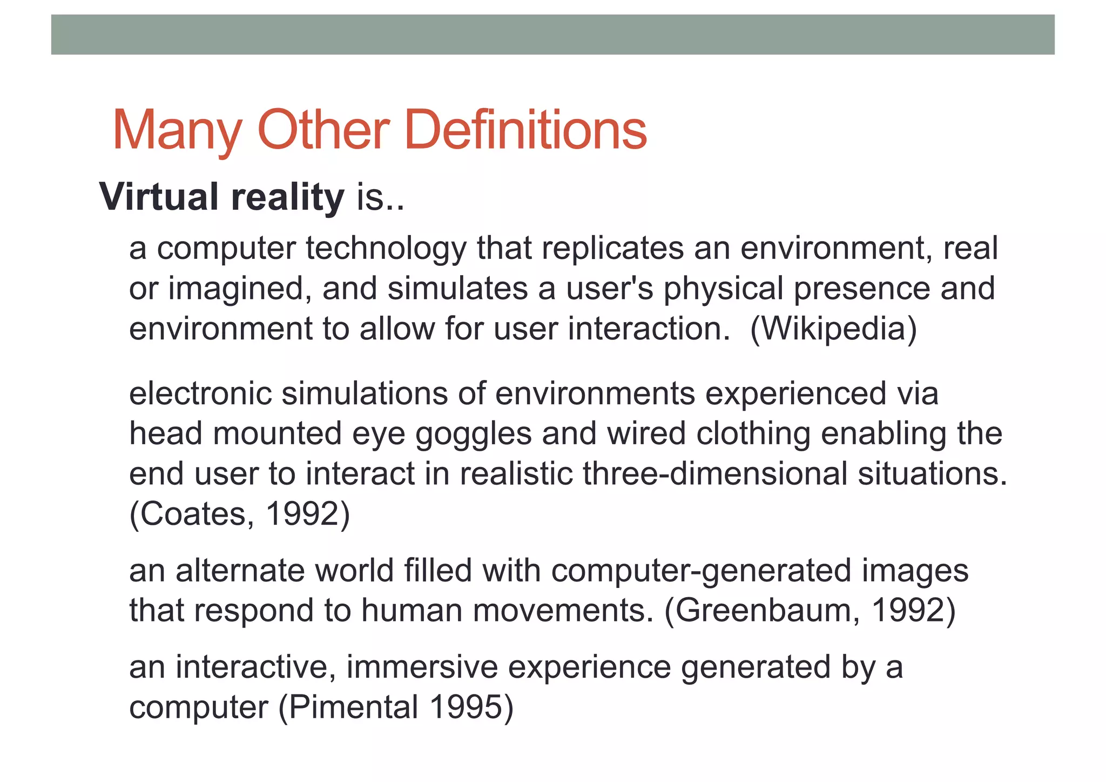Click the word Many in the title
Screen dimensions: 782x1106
(177, 131)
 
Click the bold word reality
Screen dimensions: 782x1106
(287, 197)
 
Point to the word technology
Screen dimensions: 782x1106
(386, 249)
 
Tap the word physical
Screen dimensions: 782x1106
(723, 289)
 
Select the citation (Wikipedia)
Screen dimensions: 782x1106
(833, 329)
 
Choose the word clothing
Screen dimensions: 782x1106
(753, 434)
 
